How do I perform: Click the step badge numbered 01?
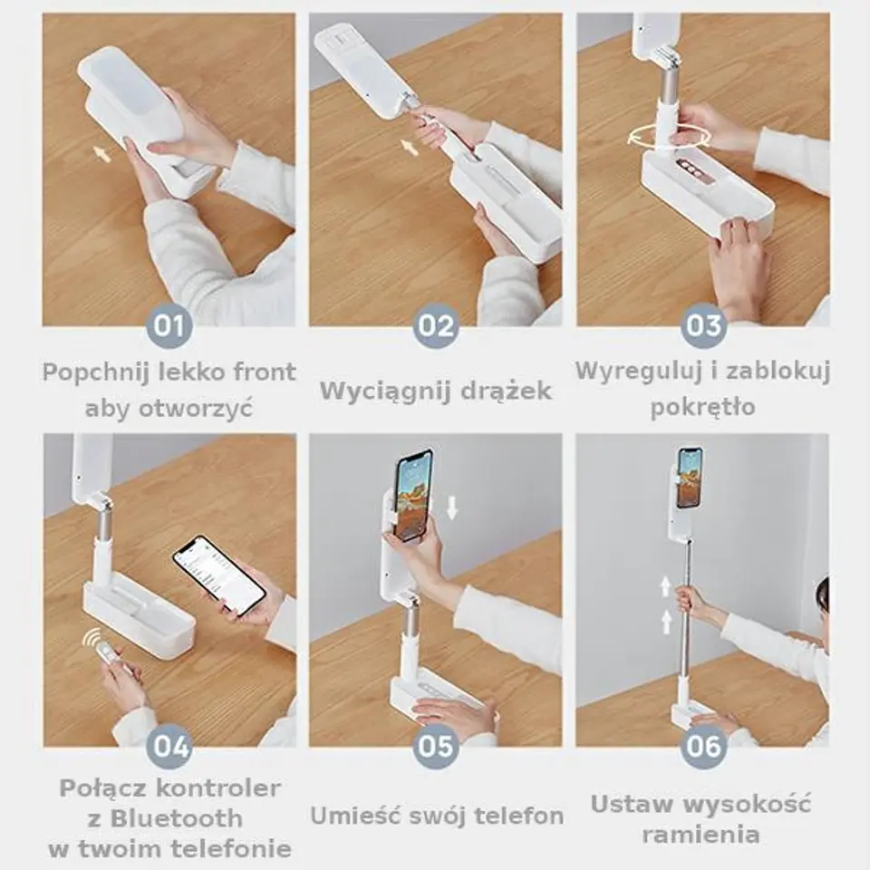(x=169, y=325)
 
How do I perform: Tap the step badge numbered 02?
(x=436, y=325)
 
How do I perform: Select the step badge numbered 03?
(x=703, y=325)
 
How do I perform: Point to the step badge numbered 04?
(x=169, y=746)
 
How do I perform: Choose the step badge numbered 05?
(x=436, y=746)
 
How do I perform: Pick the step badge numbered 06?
(x=703, y=746)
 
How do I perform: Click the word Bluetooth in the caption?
(x=177, y=818)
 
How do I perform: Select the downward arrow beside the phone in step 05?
(x=452, y=507)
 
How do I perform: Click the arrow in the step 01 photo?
(x=102, y=153)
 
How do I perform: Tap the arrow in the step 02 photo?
(x=409, y=148)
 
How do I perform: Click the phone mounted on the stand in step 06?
(x=690, y=478)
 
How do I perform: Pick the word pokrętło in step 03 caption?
(x=702, y=407)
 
